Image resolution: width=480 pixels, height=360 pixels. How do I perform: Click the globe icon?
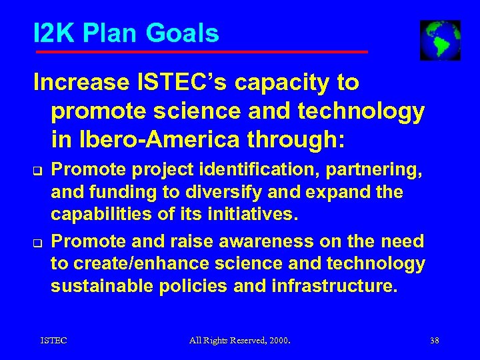coord(440,40)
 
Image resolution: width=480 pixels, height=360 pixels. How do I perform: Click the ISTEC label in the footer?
coord(53,341)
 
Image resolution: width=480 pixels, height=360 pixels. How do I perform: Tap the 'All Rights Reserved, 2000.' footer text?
coord(240,341)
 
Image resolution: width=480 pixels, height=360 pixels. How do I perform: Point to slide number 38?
coord(435,341)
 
